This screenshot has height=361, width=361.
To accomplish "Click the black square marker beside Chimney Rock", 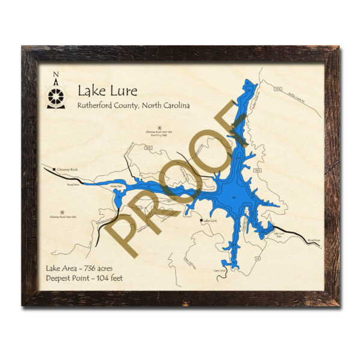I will point(55,170).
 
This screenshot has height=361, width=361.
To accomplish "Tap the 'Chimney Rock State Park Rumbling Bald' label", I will point(159,133).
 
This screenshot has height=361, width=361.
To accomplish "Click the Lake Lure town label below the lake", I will point(209,221).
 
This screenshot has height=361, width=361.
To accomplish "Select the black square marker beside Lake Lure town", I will point(200,221).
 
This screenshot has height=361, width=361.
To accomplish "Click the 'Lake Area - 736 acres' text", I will point(78,268).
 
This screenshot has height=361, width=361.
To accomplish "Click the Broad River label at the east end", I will point(314,240).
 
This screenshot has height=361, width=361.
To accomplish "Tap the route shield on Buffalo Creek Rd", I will point(277,89).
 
